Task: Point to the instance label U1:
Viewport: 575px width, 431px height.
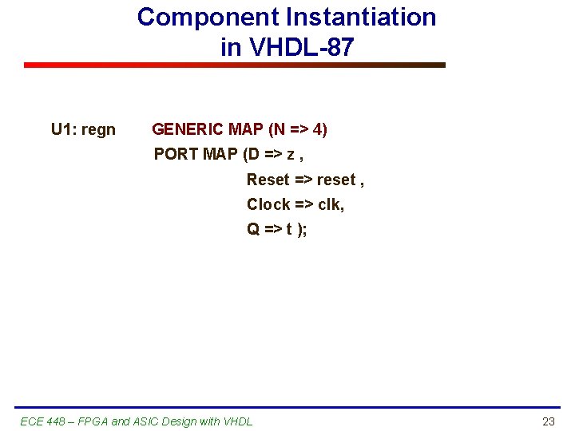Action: (64, 129)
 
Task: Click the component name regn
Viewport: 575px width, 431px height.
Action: (98, 130)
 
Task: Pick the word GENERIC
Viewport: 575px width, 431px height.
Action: (188, 129)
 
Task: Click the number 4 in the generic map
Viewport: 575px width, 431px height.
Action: (317, 129)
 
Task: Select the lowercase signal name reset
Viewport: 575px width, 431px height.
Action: (336, 180)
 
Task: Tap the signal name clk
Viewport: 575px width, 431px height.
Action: (331, 204)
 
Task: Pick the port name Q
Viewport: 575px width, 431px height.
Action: (253, 229)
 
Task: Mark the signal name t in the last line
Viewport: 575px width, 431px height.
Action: (288, 229)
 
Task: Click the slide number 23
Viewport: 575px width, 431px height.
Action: (548, 421)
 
